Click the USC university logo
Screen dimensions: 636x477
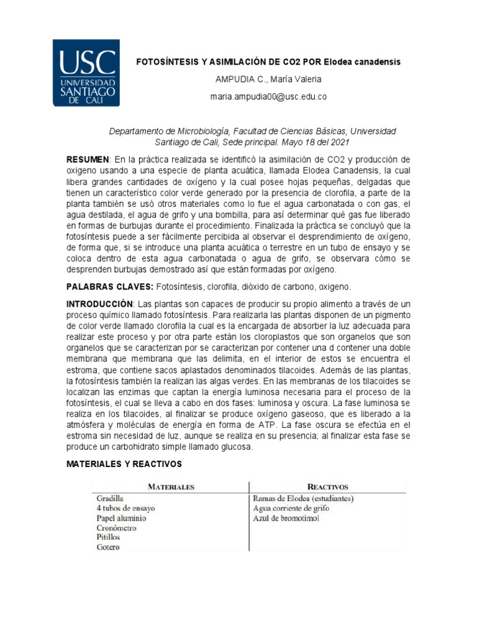[86, 73]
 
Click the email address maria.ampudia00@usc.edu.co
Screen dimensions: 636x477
[268, 97]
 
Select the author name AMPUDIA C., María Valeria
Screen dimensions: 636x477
[268, 79]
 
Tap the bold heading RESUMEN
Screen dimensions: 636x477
[88, 160]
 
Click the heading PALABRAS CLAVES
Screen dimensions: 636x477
[109, 287]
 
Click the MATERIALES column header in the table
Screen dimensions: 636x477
[170, 487]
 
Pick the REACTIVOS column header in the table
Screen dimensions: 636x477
[328, 487]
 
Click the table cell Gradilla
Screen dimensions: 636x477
[110, 498]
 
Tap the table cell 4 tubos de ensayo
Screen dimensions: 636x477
[125, 508]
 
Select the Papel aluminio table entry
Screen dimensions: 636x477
[121, 518]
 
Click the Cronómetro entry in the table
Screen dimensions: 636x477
[116, 528]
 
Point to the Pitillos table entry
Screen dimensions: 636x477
[108, 537]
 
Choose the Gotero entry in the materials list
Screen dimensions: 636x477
[108, 547]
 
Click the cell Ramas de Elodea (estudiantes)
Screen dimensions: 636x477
[303, 498]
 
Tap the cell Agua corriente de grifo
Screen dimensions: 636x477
[291, 508]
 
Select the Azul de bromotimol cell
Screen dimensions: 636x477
[286, 518]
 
